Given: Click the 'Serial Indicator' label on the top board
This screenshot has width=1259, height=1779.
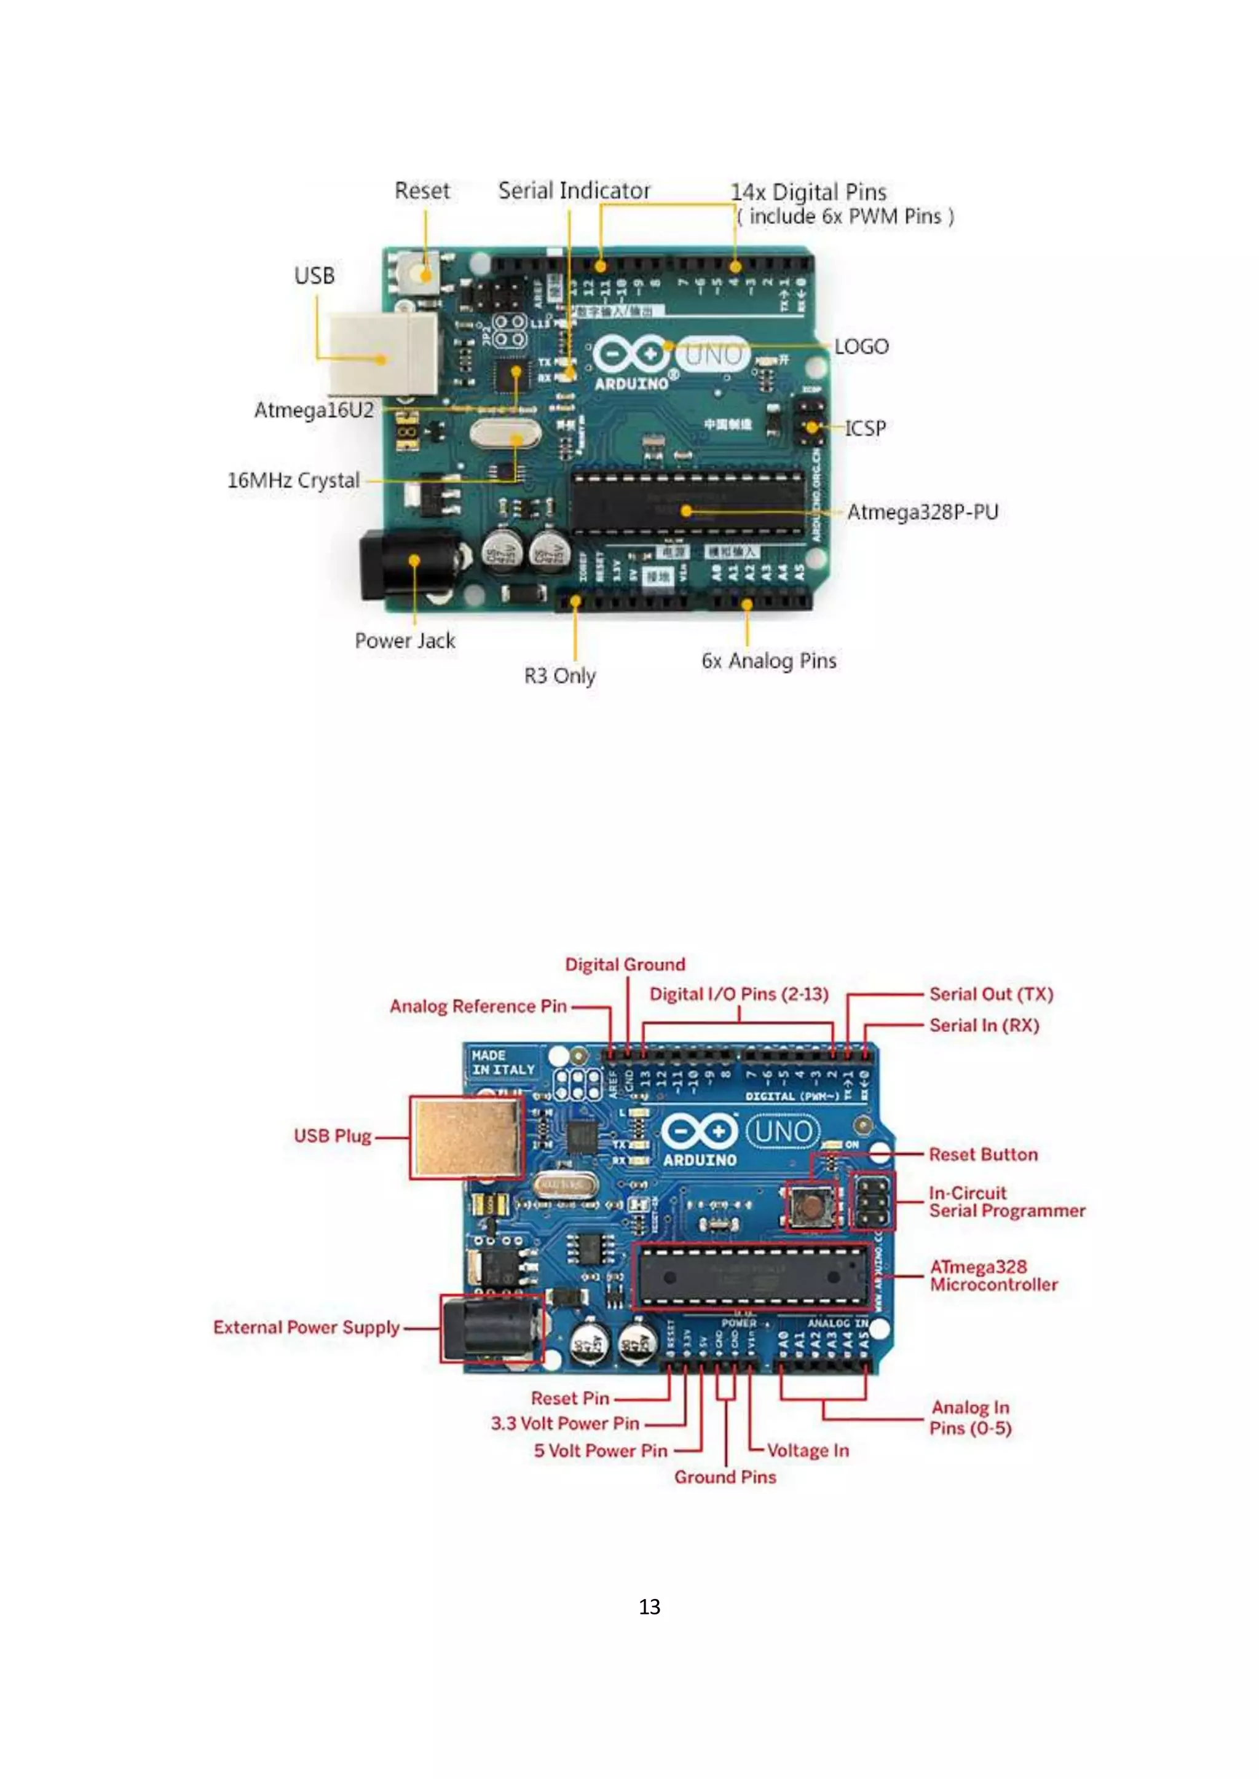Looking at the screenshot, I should click(574, 190).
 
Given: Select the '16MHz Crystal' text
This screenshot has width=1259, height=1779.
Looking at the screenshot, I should click(293, 480).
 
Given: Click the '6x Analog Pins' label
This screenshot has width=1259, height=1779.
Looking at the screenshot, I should click(768, 661).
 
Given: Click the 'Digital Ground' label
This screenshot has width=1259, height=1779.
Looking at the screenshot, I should click(625, 964).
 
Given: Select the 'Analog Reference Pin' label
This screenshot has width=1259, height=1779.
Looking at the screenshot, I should click(478, 1006).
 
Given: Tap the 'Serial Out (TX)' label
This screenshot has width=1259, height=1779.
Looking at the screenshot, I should click(991, 994).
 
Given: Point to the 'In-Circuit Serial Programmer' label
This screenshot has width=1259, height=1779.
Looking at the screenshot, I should click(1006, 1202).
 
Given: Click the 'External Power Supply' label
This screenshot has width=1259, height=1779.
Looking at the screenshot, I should click(306, 1327).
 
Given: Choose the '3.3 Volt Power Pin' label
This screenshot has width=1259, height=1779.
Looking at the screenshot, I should click(564, 1423).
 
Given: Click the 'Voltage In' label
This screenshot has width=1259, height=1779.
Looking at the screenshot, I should click(808, 1450).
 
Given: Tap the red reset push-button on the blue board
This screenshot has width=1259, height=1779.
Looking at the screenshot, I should click(810, 1206).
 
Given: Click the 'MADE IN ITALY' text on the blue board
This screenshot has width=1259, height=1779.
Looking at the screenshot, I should click(502, 1062).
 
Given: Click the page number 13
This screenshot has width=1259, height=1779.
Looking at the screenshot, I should click(649, 1607).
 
